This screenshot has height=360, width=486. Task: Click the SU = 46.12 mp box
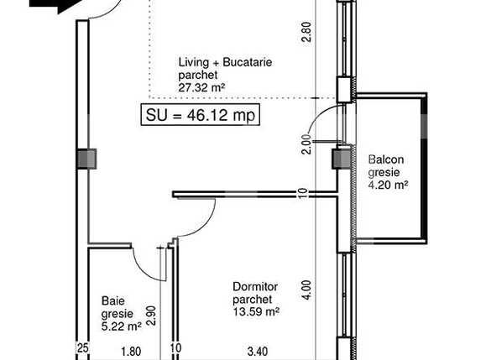(201, 115)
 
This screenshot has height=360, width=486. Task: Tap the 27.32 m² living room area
(201, 87)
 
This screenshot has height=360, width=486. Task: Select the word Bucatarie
(248, 62)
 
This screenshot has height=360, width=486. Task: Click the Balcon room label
(386, 159)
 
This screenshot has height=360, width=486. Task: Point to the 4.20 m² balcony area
(388, 185)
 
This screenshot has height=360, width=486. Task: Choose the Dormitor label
(255, 287)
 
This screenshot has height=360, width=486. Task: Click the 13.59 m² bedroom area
(256, 311)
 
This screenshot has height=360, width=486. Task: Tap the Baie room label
(113, 300)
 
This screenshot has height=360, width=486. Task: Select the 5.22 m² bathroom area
(122, 326)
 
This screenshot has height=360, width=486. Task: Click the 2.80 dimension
(306, 31)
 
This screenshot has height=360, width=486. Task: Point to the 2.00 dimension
(306, 143)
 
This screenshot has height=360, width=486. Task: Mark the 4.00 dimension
(306, 290)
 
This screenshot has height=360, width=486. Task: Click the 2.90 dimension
(150, 316)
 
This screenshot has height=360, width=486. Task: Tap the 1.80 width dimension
(131, 352)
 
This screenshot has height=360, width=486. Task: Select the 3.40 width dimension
(258, 352)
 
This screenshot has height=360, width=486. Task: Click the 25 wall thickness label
(83, 348)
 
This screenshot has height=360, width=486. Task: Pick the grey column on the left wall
(86, 159)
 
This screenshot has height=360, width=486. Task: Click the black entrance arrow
(55, 5)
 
